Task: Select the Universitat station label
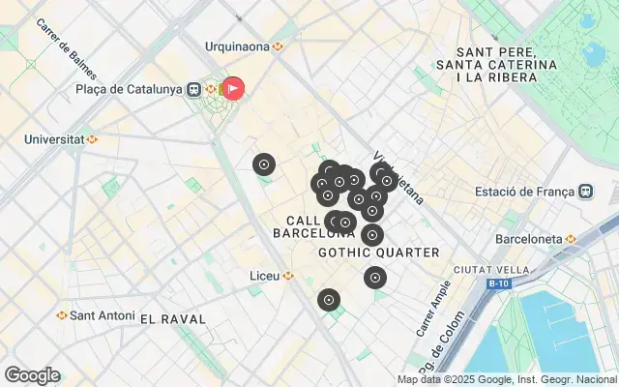coord(54,138)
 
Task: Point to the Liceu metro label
coord(265,276)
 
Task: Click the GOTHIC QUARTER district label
coord(379,253)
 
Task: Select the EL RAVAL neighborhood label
coord(173,318)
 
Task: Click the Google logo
coord(32,375)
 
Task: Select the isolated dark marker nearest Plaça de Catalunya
coord(264,164)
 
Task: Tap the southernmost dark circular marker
coord(329,300)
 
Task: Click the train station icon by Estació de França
coord(587,191)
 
